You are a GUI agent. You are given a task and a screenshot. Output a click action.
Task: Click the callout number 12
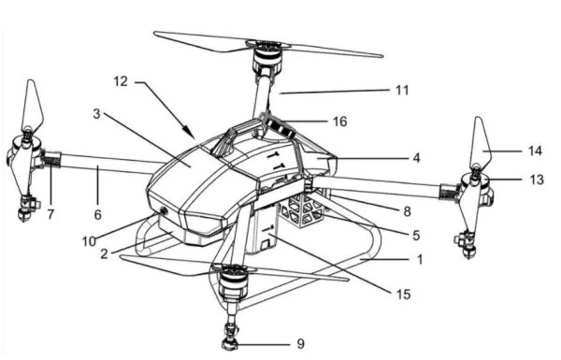(x=121, y=81)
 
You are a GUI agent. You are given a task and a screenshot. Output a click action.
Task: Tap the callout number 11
(x=402, y=90)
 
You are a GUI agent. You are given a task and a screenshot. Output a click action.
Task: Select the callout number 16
(x=340, y=122)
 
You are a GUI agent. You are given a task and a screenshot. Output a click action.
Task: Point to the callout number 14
(x=535, y=151)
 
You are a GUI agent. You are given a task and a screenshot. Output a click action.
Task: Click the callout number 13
(x=537, y=180)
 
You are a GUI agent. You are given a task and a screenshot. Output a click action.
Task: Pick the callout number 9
(x=301, y=344)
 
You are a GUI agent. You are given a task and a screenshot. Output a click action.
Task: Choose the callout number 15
(x=403, y=295)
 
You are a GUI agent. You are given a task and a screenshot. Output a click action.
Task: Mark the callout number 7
(x=50, y=214)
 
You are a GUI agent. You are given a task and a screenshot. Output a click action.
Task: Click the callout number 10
(x=89, y=241)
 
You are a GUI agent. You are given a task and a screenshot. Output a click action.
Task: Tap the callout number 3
(x=96, y=114)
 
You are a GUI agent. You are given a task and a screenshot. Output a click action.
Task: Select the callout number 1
(x=420, y=259)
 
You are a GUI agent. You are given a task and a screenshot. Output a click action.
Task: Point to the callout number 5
(x=416, y=236)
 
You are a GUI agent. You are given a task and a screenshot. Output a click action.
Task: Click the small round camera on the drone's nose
(x=165, y=211)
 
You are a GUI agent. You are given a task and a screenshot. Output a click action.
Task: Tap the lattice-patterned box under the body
(x=302, y=209)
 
